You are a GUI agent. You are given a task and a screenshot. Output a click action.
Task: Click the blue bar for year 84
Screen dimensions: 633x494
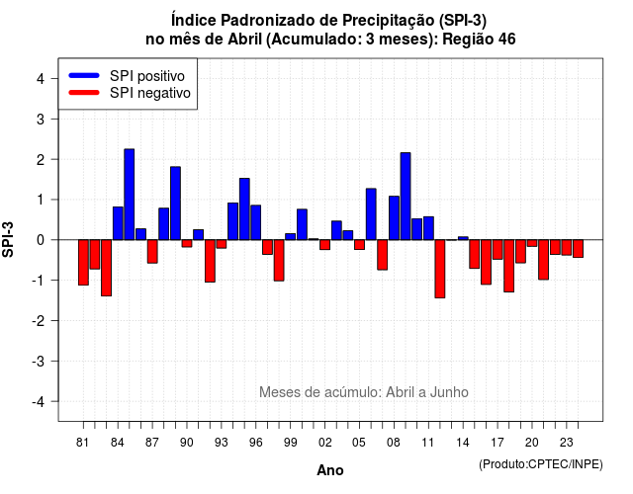coord(118,223)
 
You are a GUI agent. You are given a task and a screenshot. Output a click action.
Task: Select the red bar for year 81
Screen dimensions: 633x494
coord(83,263)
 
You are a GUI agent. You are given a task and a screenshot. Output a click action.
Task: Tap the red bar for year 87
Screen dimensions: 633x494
coord(152,252)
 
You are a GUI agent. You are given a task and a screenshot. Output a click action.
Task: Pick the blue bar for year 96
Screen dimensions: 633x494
coord(256,222)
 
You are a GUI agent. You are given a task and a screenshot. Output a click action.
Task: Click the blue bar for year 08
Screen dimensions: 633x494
coord(394,218)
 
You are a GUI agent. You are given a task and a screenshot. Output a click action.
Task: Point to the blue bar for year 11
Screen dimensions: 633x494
coord(428,228)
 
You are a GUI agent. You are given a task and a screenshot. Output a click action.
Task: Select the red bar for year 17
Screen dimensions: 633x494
coord(497,250)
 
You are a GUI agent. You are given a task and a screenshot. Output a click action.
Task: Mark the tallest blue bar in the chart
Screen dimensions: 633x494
coord(130,195)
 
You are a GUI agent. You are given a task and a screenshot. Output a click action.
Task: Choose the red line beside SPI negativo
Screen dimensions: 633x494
coord(84,93)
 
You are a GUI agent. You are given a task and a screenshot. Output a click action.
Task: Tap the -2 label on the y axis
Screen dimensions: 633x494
coord(39,320)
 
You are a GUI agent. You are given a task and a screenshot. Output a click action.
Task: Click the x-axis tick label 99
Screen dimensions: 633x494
coord(290,443)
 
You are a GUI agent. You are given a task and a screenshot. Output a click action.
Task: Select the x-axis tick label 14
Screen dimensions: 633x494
coord(463,443)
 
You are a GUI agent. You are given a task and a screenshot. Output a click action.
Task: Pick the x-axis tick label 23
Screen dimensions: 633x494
coord(567,443)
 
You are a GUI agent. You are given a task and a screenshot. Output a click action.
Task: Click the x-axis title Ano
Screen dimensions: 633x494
coord(330,470)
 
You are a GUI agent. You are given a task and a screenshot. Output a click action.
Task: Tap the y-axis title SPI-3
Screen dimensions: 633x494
coord(8,239)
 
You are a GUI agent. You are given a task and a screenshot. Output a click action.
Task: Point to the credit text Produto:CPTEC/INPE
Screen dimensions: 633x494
coord(541,464)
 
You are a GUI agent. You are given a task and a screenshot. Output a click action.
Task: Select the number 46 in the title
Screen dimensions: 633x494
coord(507,40)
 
